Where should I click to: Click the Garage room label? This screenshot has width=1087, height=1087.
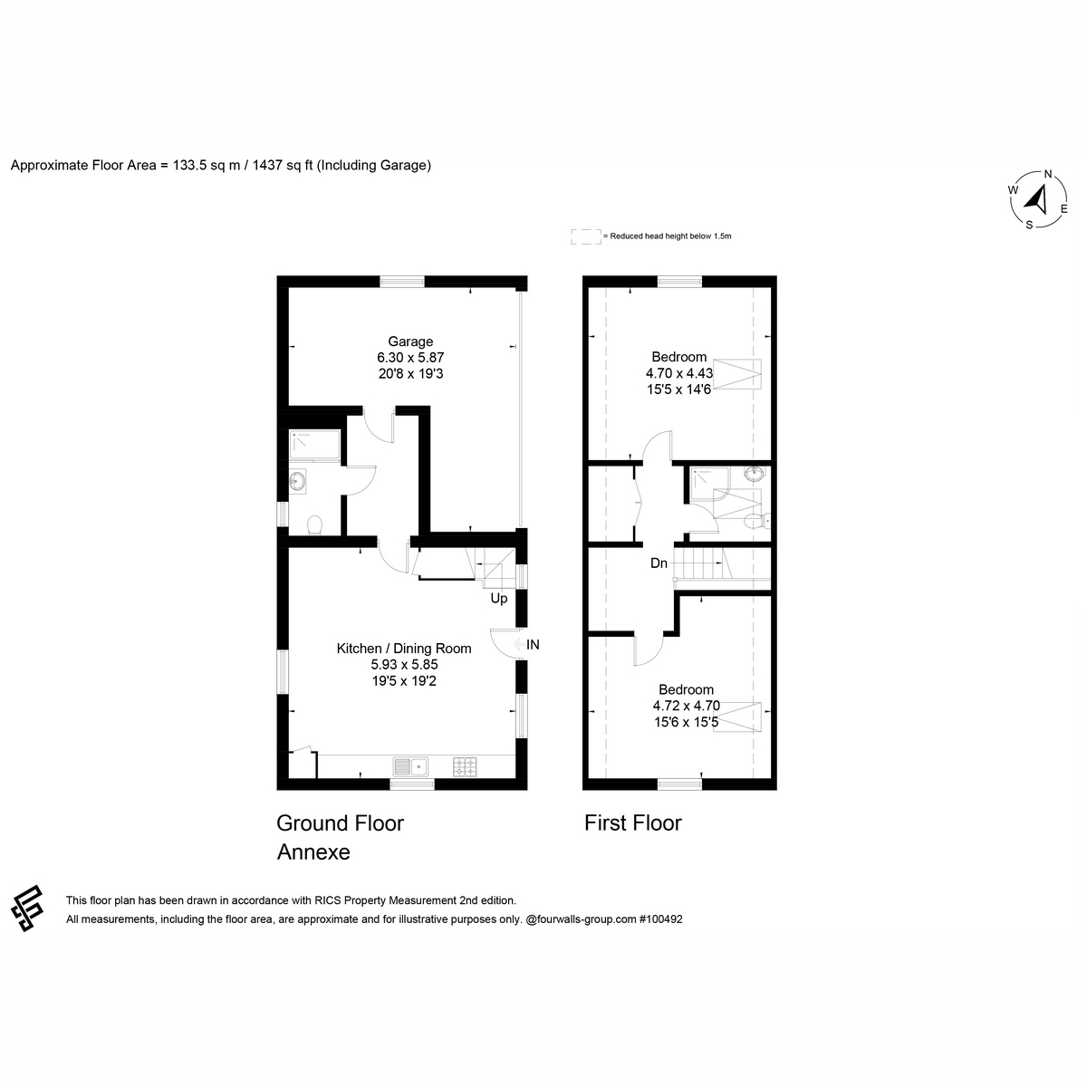tap(410, 341)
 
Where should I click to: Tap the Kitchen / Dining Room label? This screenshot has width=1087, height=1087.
tap(404, 649)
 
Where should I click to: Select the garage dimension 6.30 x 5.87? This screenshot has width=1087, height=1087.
tap(410, 357)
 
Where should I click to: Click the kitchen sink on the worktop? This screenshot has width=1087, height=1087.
tap(410, 767)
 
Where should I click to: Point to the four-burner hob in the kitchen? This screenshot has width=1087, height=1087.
tap(465, 767)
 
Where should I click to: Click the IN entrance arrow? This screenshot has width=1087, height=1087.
tap(518, 644)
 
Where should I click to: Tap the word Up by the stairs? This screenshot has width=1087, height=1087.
tap(498, 599)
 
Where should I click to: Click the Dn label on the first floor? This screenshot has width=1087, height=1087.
tap(659, 563)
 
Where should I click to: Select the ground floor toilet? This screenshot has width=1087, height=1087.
tap(314, 525)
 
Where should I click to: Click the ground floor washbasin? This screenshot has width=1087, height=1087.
tap(297, 481)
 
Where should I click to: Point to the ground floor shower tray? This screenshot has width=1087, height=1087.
tap(314, 446)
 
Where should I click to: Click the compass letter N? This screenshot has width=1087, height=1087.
tap(1047, 174)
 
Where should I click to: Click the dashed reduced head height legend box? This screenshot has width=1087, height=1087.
tap(585, 237)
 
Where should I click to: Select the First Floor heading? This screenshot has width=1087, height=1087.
tap(633, 823)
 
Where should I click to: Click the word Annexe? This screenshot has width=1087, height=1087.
tap(313, 851)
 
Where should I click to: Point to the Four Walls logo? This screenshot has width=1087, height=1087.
tap(27, 909)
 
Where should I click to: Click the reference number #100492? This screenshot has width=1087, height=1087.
tap(660, 919)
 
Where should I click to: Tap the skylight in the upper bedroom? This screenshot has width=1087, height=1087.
tap(736, 374)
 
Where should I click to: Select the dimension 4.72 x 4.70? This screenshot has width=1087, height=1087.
tap(686, 705)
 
